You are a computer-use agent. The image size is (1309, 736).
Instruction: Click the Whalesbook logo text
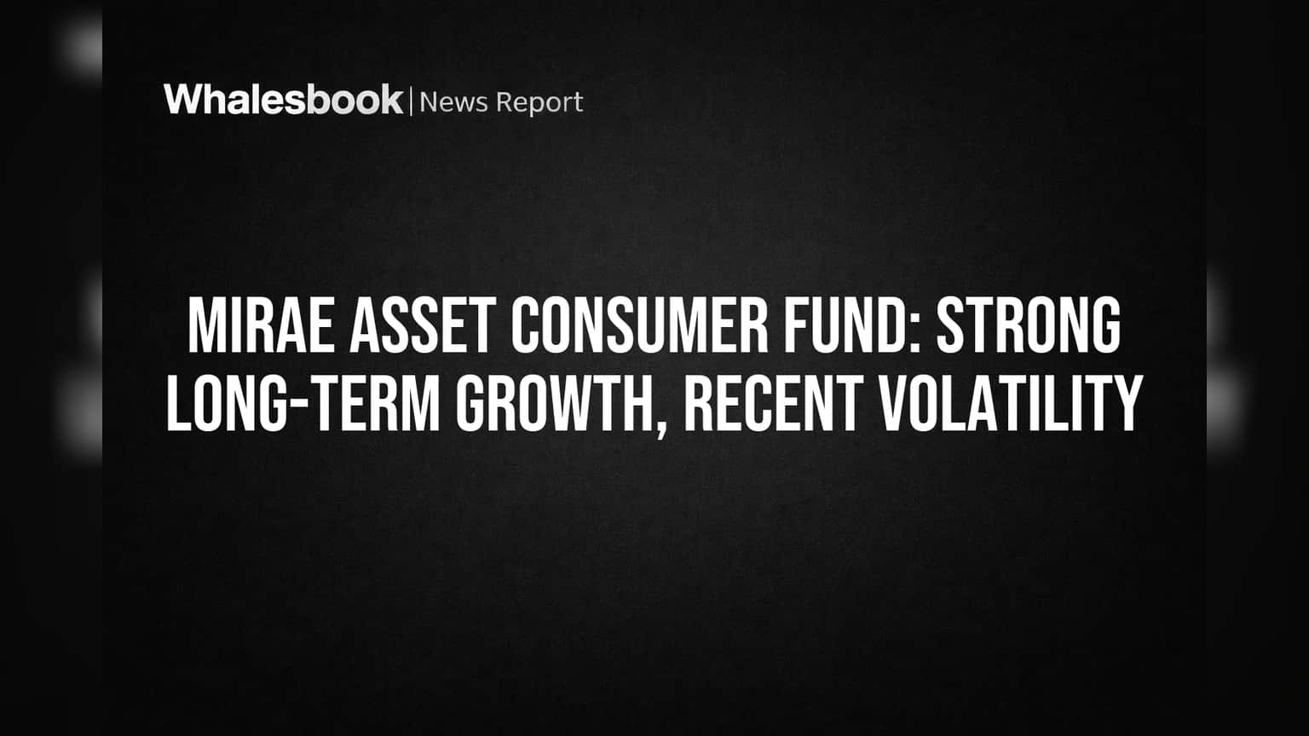[x=284, y=100]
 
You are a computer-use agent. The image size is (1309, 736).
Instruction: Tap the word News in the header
[x=453, y=102]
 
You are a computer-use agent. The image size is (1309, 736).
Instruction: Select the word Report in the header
[x=539, y=104]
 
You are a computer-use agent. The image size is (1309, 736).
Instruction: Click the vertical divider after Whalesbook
[x=411, y=101]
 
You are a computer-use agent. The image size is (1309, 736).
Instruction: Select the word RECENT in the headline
[x=773, y=403]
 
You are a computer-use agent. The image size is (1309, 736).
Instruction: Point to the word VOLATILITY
[x=1011, y=403]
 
